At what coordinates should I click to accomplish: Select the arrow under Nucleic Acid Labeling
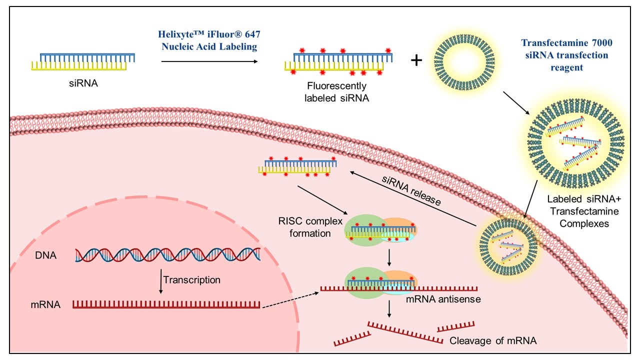[x=209, y=62]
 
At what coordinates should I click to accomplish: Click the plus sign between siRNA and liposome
[x=416, y=60]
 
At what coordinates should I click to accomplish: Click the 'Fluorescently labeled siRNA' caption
[x=336, y=92]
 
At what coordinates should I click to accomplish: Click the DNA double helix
[x=167, y=255]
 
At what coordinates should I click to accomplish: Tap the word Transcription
[x=191, y=280]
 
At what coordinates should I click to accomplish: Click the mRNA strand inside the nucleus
[x=166, y=304]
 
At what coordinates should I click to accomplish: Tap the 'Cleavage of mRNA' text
[x=493, y=341]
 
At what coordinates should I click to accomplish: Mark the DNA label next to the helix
[x=46, y=255]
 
